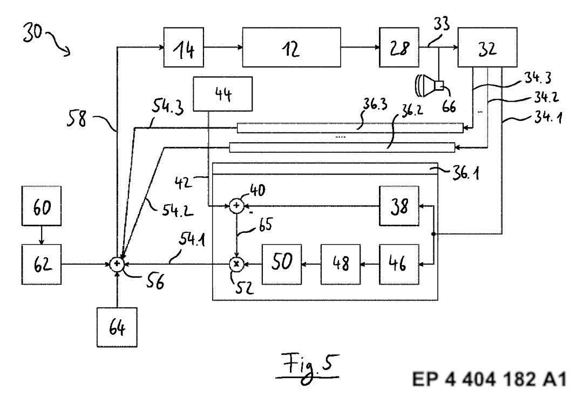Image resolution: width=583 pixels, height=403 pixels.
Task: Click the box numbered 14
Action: pyautogui.click(x=184, y=47)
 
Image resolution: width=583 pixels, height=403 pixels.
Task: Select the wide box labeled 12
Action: pyautogui.click(x=291, y=47)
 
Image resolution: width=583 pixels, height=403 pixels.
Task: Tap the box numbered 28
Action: pyautogui.click(x=399, y=47)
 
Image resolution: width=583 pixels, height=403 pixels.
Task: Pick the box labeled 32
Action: pyautogui.click(x=487, y=47)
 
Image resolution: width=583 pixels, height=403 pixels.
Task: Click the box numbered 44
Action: pyautogui.click(x=223, y=94)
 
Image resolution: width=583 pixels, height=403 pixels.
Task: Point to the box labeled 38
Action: pyautogui.click(x=399, y=206)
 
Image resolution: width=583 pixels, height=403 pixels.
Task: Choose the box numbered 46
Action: pyautogui.click(x=399, y=264)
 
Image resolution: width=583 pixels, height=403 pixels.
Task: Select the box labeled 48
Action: pyautogui.click(x=341, y=264)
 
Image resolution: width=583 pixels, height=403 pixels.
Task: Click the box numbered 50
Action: pyautogui.click(x=282, y=264)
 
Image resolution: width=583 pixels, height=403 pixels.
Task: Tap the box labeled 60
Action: pyautogui.click(x=41, y=206)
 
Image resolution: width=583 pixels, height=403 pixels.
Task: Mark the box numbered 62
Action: pyautogui.click(x=41, y=264)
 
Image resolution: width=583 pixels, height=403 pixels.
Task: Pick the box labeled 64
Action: pyautogui.click(x=117, y=327)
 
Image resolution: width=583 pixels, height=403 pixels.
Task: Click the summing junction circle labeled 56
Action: pyautogui.click(x=117, y=264)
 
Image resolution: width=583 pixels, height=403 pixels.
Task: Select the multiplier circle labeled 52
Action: pyautogui.click(x=237, y=264)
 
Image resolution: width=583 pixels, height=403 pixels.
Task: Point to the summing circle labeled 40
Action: pyautogui.click(x=237, y=206)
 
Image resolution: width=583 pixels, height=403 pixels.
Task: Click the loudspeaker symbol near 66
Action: pyautogui.click(x=430, y=85)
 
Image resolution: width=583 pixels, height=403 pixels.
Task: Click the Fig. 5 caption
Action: pyautogui.click(x=308, y=367)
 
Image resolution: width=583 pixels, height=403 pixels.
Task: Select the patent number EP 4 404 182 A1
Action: pyautogui.click(x=489, y=379)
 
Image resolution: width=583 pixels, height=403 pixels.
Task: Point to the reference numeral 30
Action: pyautogui.click(x=32, y=32)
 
